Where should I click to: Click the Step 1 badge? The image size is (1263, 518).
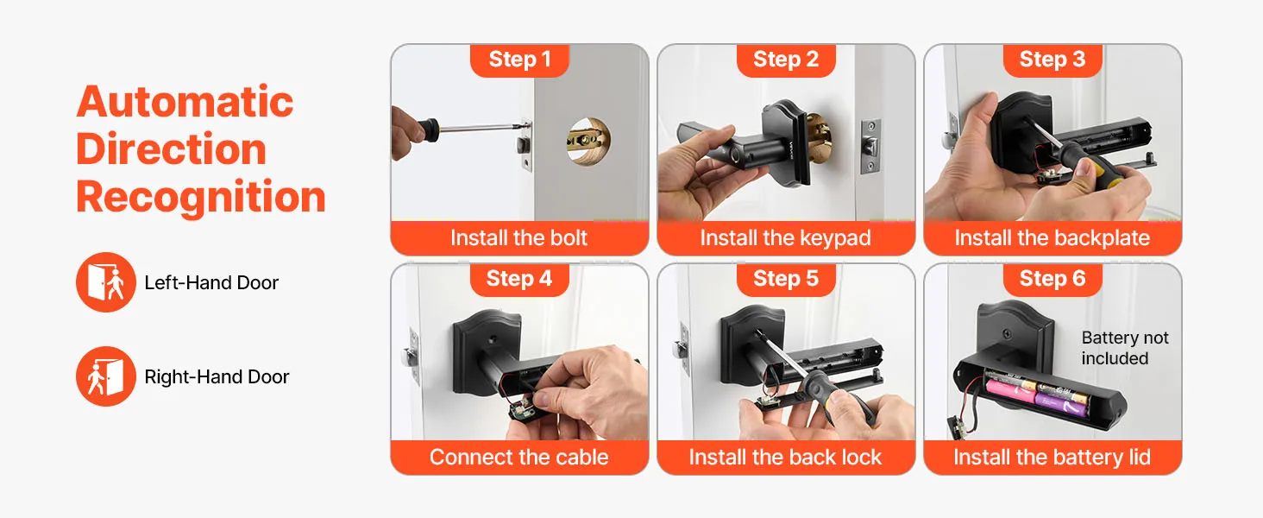click(519, 60)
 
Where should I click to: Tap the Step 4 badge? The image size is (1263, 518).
click(519, 279)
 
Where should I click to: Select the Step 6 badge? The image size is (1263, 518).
click(1052, 279)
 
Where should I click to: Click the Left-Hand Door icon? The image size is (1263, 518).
click(106, 282)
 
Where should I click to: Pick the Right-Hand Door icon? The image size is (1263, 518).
click(106, 376)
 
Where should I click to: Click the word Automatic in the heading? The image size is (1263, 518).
click(185, 102)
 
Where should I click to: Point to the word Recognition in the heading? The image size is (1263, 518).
click(201, 198)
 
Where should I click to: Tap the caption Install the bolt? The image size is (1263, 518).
click(518, 237)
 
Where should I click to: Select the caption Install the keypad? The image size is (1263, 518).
click(785, 238)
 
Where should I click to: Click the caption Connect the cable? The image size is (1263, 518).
click(518, 457)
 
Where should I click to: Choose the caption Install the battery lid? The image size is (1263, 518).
click(1052, 458)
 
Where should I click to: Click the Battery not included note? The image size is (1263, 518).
click(1125, 348)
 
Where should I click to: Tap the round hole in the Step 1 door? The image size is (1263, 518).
click(588, 141)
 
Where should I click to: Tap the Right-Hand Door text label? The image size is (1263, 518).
click(217, 377)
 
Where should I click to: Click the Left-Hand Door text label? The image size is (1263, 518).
click(211, 282)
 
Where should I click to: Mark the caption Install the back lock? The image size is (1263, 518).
click(785, 457)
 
